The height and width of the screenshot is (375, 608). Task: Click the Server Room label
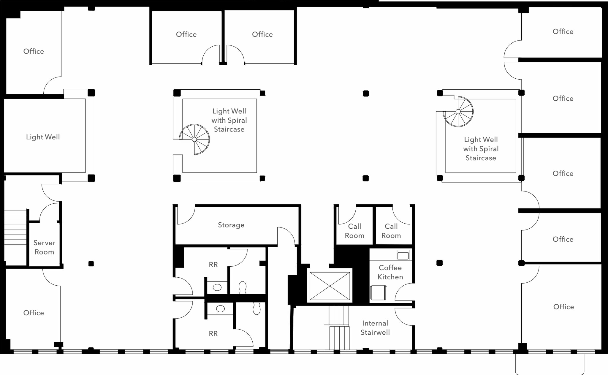[x=44, y=247]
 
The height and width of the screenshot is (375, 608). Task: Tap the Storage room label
[x=231, y=225]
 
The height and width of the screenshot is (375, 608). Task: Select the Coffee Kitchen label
[x=390, y=272]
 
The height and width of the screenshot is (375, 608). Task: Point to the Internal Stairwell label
[x=375, y=328]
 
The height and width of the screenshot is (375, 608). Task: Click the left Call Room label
[x=354, y=231]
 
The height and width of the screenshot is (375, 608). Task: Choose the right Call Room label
[x=391, y=231]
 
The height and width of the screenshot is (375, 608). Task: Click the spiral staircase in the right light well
[x=458, y=112]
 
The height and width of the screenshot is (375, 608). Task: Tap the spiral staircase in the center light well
[x=194, y=139]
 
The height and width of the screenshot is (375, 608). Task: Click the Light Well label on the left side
[x=43, y=137]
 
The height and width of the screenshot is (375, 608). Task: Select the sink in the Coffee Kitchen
[x=403, y=255]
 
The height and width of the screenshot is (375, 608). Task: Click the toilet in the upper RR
[x=243, y=287]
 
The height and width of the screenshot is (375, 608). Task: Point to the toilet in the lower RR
[x=256, y=308]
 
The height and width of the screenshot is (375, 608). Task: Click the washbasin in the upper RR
[x=217, y=287]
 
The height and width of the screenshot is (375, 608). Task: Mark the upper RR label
[x=213, y=265]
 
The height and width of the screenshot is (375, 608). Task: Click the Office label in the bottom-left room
[x=34, y=313]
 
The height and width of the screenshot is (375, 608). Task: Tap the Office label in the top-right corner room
[x=563, y=31]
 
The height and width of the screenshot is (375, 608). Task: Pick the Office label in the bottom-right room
[x=563, y=307]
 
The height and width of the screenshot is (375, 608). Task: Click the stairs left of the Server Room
[x=15, y=227]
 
